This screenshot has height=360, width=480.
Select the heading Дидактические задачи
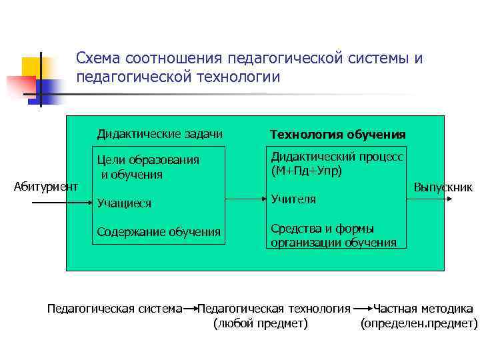(x=160, y=134)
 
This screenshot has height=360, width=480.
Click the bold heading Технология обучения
(x=337, y=135)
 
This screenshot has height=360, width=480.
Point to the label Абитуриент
(x=46, y=186)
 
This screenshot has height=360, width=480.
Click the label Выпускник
(x=443, y=187)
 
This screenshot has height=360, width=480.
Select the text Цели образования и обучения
(x=147, y=167)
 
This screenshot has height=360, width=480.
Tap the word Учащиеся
(x=124, y=203)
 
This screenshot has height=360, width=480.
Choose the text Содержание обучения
(x=159, y=232)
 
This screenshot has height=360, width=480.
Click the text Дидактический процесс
(x=337, y=157)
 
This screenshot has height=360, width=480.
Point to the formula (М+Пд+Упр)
(x=307, y=171)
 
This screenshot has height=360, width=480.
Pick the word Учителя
(x=293, y=199)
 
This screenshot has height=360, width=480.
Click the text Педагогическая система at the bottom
(x=115, y=309)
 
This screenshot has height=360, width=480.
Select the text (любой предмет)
(x=260, y=324)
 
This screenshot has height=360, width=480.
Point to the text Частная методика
(x=423, y=309)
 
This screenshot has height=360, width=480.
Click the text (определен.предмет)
(x=419, y=324)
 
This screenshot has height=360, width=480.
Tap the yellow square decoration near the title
(x=31, y=67)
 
